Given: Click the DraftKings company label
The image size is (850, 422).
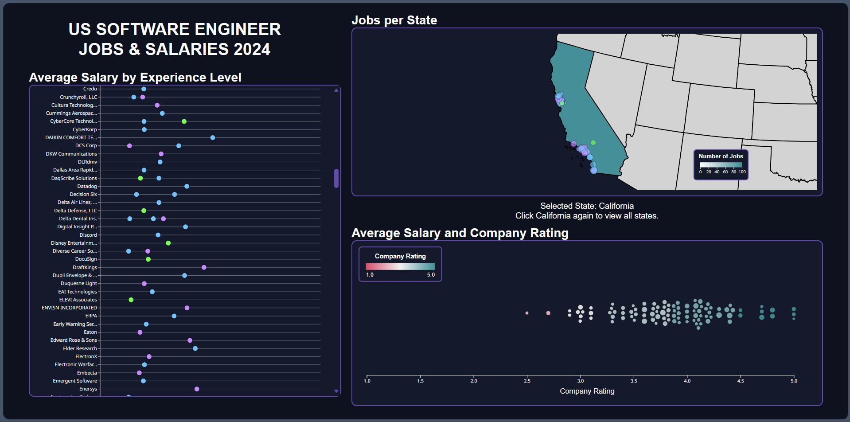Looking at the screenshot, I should click(x=85, y=267).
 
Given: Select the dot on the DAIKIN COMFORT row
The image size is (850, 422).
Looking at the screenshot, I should click(x=213, y=138).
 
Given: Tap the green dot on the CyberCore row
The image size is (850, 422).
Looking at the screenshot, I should click(x=184, y=121).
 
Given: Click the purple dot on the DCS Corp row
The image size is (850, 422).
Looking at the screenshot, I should click(x=129, y=146).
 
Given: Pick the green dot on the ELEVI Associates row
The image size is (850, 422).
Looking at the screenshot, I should click(x=131, y=300).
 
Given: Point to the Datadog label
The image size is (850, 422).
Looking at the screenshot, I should click(x=87, y=186).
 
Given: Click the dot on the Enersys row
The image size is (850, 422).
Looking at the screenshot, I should click(x=197, y=389).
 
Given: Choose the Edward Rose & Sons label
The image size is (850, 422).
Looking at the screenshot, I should click(x=74, y=340).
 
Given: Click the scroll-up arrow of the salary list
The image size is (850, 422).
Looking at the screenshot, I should click(x=336, y=90).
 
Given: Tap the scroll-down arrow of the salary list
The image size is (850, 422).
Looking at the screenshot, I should click(x=336, y=391).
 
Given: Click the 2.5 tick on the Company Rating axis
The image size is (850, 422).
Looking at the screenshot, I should click(x=527, y=381).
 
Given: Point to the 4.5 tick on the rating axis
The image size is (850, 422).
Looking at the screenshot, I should click(x=741, y=381).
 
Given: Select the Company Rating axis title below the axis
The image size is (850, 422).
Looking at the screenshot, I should click(x=587, y=391).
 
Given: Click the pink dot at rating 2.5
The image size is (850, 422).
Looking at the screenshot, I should click(x=527, y=313).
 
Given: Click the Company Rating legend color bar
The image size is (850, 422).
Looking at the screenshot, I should click(x=400, y=266).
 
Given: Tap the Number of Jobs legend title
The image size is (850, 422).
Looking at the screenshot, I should click(x=721, y=156).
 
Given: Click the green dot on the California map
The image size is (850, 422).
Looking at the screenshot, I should click(x=593, y=143).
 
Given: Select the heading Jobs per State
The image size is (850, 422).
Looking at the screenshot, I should click(x=394, y=20).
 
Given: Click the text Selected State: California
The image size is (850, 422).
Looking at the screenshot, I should click(x=587, y=206).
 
